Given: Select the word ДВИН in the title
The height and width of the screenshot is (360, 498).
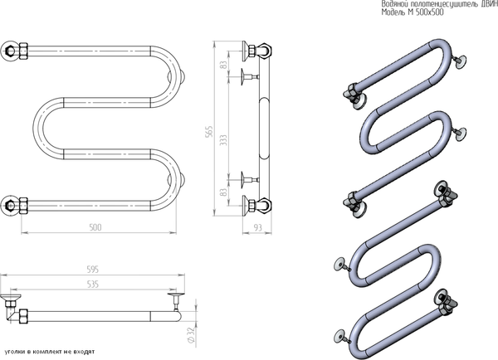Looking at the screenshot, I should click(483, 5).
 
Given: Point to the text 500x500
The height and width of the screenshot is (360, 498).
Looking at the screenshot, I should click(401, 13).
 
